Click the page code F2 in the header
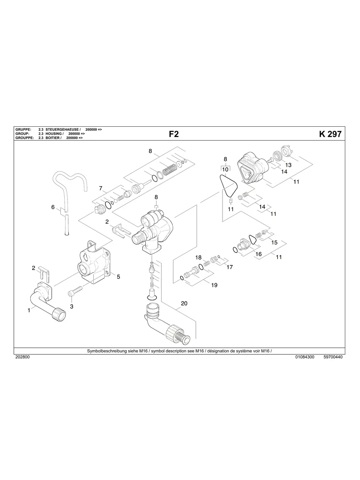[x=174, y=134]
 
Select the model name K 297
[x=330, y=134]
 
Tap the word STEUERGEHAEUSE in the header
[x=63, y=130]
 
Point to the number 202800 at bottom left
[x=22, y=357]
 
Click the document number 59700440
[x=333, y=357]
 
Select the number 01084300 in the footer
[x=305, y=357]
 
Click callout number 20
[x=184, y=304]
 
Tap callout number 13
[x=288, y=165]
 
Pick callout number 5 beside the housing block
[x=118, y=277]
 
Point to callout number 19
[x=214, y=285]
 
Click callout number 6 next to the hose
[x=53, y=207]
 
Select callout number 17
[x=229, y=267]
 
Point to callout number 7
[x=101, y=188]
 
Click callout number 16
[x=258, y=254]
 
